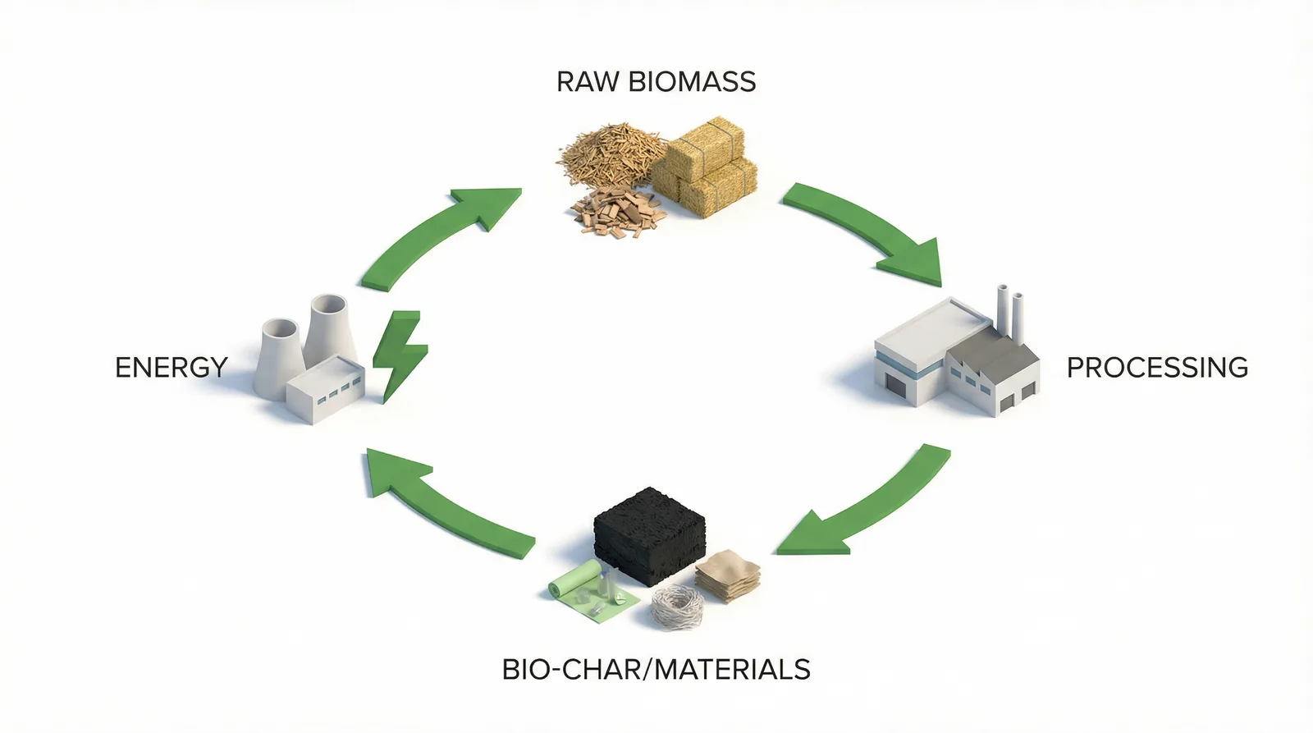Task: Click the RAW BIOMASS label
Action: pyautogui.click(x=656, y=81)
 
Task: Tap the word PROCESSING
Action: pyautogui.click(x=1157, y=368)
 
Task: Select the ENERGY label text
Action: pyautogui.click(x=172, y=368)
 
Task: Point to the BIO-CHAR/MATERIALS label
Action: pyautogui.click(x=656, y=669)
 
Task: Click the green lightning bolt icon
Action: pyautogui.click(x=400, y=356)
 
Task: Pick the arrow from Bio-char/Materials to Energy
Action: pyautogui.click(x=440, y=504)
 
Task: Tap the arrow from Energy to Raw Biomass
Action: pyautogui.click(x=434, y=235)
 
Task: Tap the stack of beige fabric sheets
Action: pyautogui.click(x=728, y=576)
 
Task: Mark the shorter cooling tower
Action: pyautogui.click(x=279, y=360)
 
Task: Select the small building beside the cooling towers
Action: pyautogui.click(x=325, y=389)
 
